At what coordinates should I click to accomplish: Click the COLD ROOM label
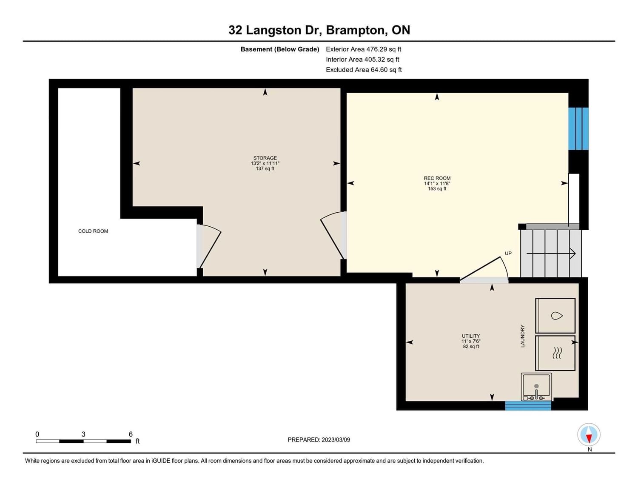pyautogui.click(x=93, y=231)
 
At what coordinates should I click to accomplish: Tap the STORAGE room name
pyautogui.click(x=265, y=158)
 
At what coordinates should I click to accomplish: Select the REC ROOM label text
pyautogui.click(x=437, y=178)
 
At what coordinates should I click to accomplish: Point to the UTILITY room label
pyautogui.click(x=471, y=336)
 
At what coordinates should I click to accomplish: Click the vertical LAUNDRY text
pyautogui.click(x=522, y=336)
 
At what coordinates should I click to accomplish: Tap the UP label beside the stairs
pyautogui.click(x=508, y=253)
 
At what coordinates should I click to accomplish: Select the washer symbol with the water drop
pyautogui.click(x=555, y=316)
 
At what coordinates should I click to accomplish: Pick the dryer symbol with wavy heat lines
pyautogui.click(x=555, y=353)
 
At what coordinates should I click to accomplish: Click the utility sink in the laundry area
pyautogui.click(x=536, y=387)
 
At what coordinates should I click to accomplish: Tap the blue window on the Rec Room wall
pyautogui.click(x=578, y=128)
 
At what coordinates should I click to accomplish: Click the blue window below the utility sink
pyautogui.click(x=528, y=405)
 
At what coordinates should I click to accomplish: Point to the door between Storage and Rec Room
pyautogui.click(x=333, y=235)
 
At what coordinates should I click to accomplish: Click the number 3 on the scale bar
pyautogui.click(x=83, y=434)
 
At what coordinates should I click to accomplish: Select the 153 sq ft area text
pyautogui.click(x=437, y=189)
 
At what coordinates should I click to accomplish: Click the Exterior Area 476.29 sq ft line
pyautogui.click(x=363, y=49)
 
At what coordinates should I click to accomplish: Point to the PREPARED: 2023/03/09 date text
pyautogui.click(x=319, y=439)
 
